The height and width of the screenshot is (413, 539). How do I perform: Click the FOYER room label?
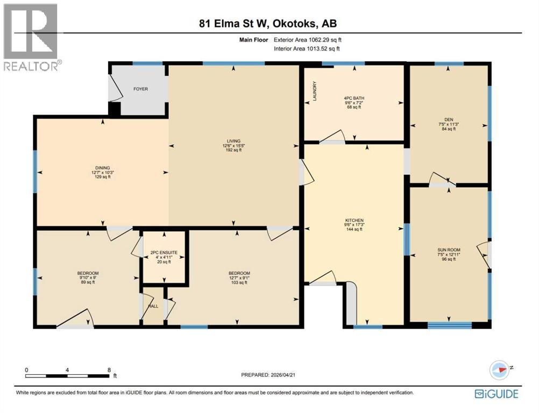click(141, 89)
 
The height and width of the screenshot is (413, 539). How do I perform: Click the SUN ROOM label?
click(449, 250)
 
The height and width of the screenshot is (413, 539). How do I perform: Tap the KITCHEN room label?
click(354, 220)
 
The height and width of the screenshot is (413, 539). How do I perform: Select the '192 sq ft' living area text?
click(233, 150)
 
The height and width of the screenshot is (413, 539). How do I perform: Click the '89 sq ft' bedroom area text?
click(88, 282)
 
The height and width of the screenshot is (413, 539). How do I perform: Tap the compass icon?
click(500, 370)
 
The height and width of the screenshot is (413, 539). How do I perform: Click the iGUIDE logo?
click(496, 394)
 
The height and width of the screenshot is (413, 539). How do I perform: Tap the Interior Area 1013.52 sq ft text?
click(307, 49)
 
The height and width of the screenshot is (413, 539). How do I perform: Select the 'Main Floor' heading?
click(254, 39)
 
